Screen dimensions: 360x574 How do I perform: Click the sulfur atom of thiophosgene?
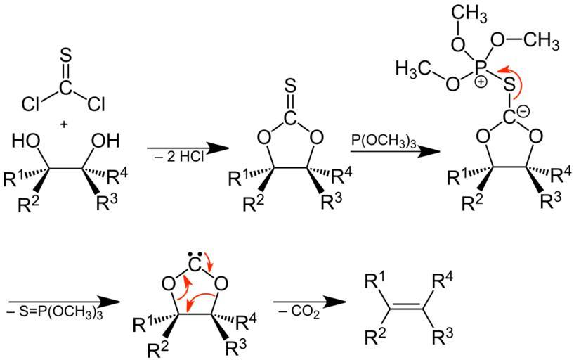click(65, 54)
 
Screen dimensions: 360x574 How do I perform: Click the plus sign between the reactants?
click(65, 124)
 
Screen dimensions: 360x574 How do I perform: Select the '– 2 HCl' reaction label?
click(176, 157)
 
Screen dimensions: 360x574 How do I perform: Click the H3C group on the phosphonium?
click(417, 69)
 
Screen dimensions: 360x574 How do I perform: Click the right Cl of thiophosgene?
click(96, 105)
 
